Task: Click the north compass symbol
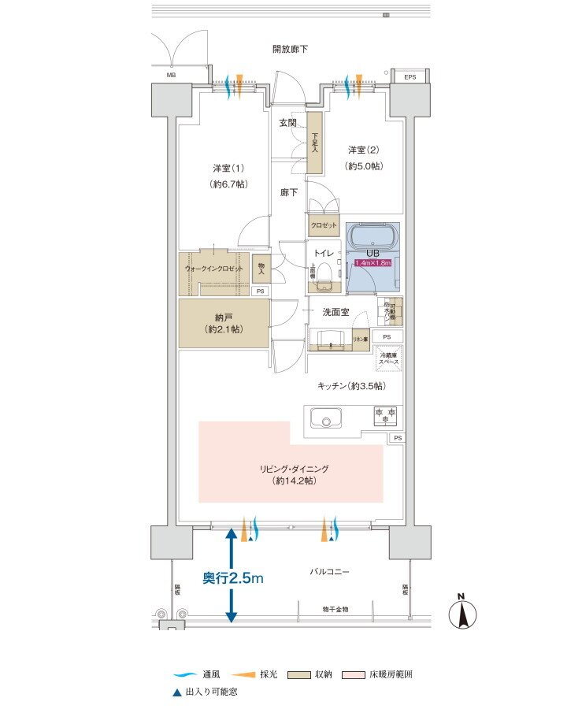click(x=465, y=614)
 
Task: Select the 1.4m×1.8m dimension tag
click(x=373, y=263)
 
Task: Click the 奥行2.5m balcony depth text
click(x=232, y=578)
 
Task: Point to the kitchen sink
click(x=324, y=418)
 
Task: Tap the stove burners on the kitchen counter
click(x=386, y=414)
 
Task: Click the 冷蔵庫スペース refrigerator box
click(x=390, y=358)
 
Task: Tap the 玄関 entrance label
click(x=287, y=123)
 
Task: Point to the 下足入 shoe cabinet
click(x=315, y=143)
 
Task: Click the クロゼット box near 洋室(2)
click(x=323, y=225)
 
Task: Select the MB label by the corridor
click(x=171, y=76)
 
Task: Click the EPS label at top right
click(x=410, y=76)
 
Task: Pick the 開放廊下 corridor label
click(x=290, y=49)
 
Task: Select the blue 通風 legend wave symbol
click(x=185, y=674)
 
